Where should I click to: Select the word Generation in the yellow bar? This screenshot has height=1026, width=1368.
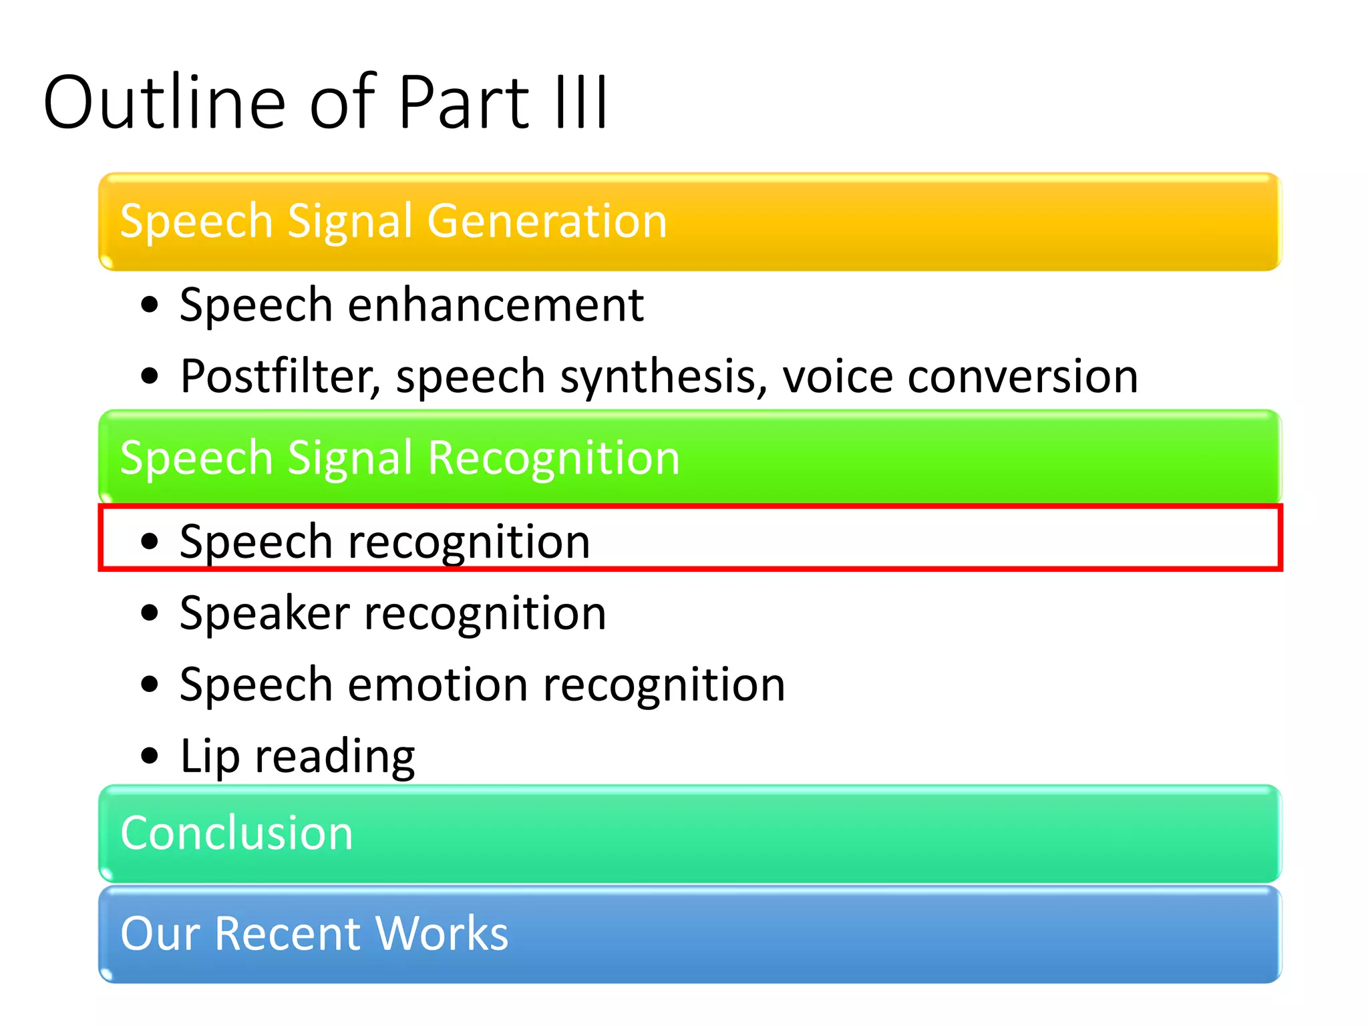pyautogui.click(x=547, y=221)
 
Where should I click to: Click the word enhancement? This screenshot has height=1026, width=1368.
pyautogui.click(x=496, y=305)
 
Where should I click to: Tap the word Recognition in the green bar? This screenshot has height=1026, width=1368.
pyautogui.click(x=554, y=458)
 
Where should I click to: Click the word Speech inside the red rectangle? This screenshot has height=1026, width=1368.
pyautogui.click(x=256, y=542)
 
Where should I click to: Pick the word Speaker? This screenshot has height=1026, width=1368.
pyautogui.click(x=265, y=613)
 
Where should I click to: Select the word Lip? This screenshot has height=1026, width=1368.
pyautogui.click(x=210, y=757)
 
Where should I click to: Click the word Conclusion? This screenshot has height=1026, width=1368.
pyautogui.click(x=236, y=833)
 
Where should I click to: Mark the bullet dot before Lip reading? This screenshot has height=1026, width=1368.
pyautogui.click(x=150, y=756)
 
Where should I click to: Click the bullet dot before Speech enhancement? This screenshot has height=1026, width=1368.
pyautogui.click(x=150, y=305)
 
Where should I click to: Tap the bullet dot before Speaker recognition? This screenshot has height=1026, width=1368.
pyautogui.click(x=150, y=613)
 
